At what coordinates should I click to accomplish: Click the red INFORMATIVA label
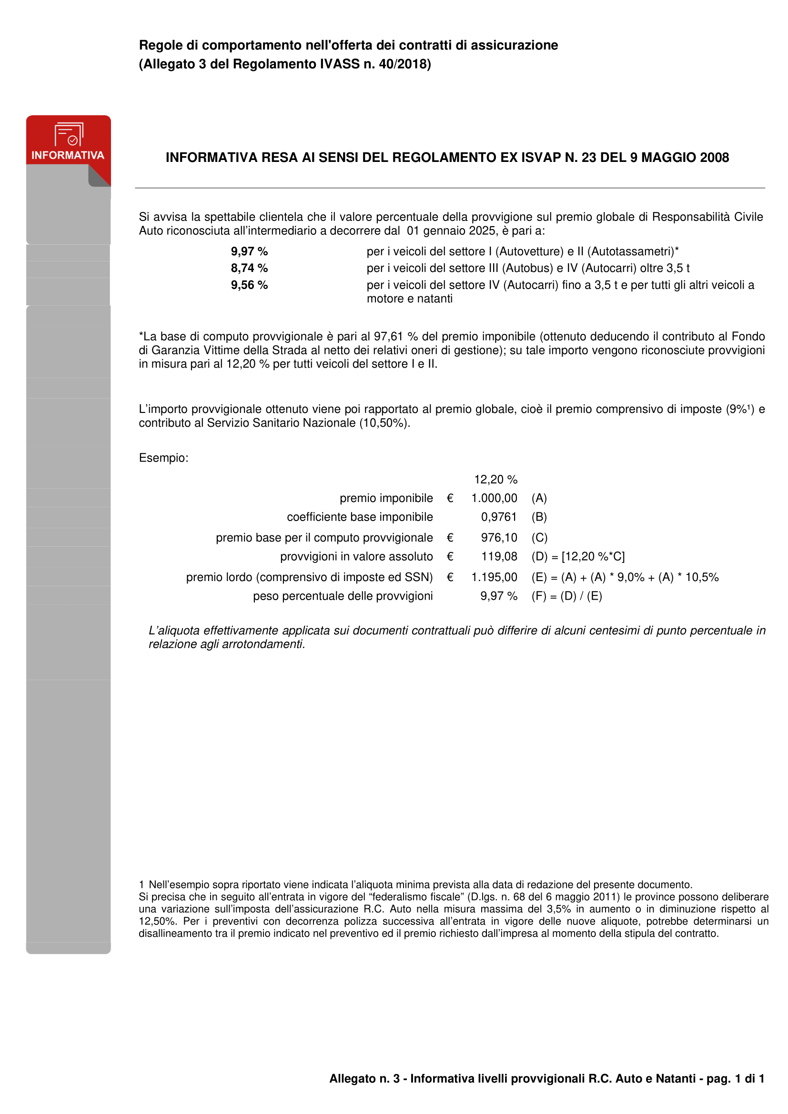[x=68, y=155]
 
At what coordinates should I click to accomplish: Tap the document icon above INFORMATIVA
[x=69, y=134]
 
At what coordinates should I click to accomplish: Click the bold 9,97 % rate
[x=249, y=251]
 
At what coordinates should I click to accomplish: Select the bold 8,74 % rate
[x=249, y=268]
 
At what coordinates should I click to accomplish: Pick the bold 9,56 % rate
[x=249, y=285]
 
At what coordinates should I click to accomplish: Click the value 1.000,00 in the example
[x=494, y=498]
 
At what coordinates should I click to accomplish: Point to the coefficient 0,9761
[x=499, y=517]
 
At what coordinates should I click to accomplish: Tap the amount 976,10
[x=499, y=538]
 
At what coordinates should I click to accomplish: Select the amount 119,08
[x=499, y=556]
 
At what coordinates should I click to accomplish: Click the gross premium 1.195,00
[x=494, y=577]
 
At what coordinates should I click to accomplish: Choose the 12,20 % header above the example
[x=495, y=480]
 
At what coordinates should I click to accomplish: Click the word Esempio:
[x=163, y=458]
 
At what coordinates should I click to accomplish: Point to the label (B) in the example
[x=539, y=517]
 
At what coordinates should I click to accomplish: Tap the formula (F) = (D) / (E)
[x=566, y=596]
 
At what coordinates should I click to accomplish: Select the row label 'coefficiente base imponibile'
[x=360, y=517]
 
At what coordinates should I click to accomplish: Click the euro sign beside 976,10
[x=450, y=538]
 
